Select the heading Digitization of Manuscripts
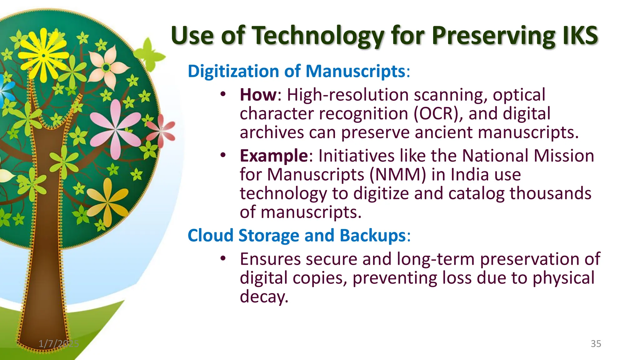[x=296, y=71]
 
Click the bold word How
[x=258, y=95]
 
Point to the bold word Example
[x=274, y=156]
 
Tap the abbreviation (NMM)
[x=397, y=174]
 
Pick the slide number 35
[x=596, y=344]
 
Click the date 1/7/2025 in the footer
[x=58, y=344]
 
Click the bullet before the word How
[x=222, y=94]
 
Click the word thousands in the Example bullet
[x=550, y=193]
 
